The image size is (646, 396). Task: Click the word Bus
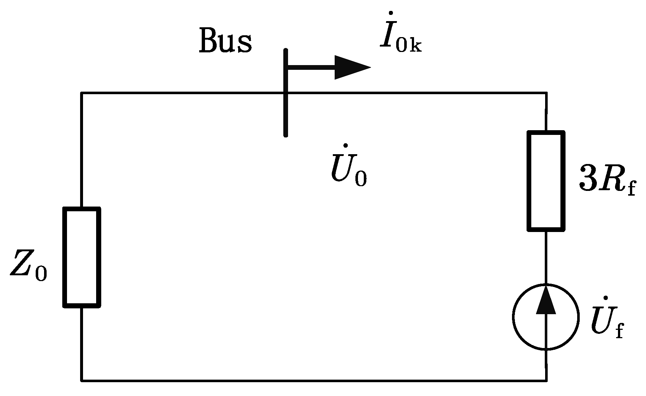pos(225,41)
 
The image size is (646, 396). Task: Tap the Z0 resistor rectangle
pos(82,257)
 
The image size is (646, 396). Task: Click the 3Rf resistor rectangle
pos(546,181)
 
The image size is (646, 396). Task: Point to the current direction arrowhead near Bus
pos(352,67)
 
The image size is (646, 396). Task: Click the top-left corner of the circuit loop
pos(82,93)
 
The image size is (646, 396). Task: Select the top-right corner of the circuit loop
pos(546,93)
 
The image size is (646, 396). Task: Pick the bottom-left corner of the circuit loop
pos(82,380)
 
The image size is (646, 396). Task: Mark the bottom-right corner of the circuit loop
pos(546,380)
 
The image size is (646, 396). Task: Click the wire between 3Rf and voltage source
pos(546,256)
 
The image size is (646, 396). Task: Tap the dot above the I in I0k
pos(390,13)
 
